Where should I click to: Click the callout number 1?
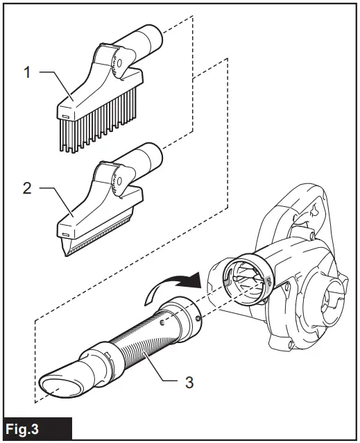point(27,72)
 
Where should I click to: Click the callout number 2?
point(27,188)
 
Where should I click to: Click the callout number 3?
point(189,381)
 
